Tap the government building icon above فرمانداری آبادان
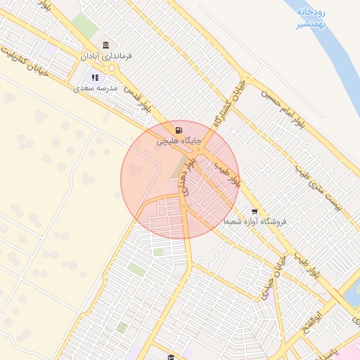pos(106,45)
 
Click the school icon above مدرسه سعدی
pos(95,77)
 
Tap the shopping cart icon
pos(255,211)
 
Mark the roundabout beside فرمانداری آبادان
pos(111,68)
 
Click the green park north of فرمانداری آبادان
pos(86,25)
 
